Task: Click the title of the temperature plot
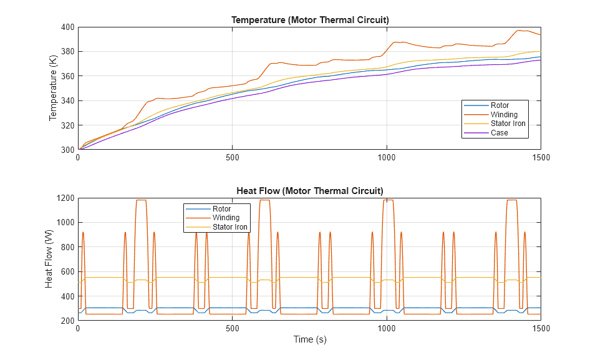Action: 310,20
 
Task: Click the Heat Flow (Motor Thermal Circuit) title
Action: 310,190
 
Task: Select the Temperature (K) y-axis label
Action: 54,88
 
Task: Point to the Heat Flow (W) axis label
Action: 50,259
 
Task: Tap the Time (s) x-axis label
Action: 310,339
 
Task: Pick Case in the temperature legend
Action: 499,132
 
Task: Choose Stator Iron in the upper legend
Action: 508,124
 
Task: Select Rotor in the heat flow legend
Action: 221,209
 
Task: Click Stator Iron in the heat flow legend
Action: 230,227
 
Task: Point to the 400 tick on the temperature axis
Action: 67,27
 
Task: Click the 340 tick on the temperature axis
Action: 67,101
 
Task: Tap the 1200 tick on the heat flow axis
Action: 64,198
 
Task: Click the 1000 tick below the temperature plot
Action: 387,158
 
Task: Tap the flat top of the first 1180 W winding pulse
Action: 141,200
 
